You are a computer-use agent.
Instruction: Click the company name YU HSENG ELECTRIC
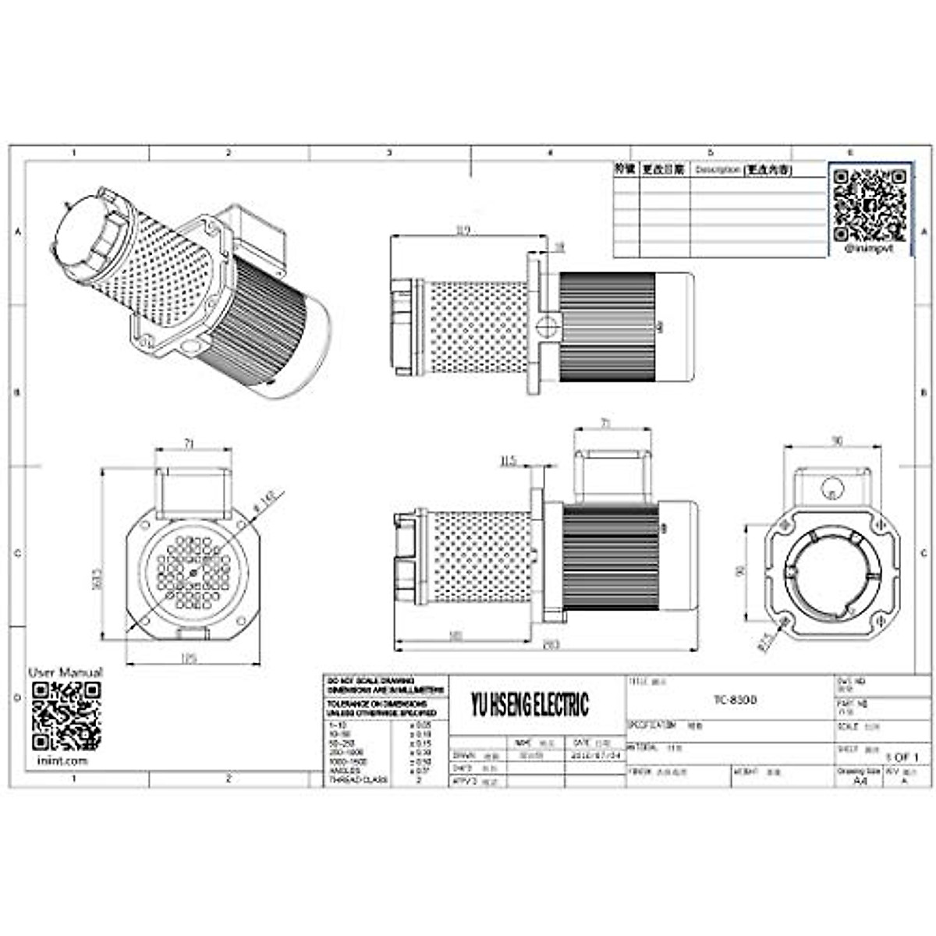click(x=530, y=705)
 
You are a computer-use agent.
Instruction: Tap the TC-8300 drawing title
click(x=735, y=700)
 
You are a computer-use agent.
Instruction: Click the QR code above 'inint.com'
click(x=66, y=714)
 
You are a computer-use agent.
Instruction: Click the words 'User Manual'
click(x=66, y=672)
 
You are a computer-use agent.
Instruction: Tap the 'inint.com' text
click(x=62, y=760)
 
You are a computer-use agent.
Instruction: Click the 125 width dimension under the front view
click(x=188, y=658)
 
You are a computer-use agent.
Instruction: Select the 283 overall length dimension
click(x=551, y=644)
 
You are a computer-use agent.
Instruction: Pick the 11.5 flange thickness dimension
click(x=508, y=461)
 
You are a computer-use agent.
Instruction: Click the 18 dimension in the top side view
click(x=559, y=246)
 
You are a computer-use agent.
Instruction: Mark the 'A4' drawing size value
click(x=860, y=780)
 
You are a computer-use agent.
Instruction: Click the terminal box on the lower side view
click(x=612, y=476)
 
